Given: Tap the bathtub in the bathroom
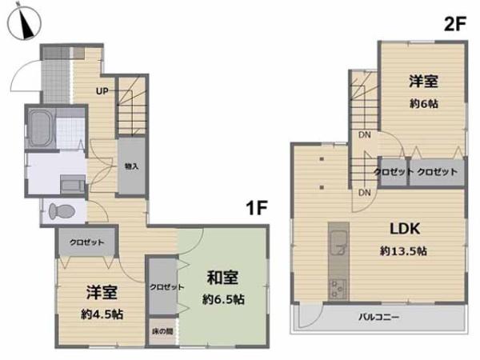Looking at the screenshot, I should [x=39, y=127].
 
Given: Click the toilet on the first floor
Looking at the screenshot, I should [x=61, y=211].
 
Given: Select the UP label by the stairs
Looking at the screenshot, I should [x=102, y=90].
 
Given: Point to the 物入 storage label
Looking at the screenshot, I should [x=132, y=166].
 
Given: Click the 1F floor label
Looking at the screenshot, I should [x=256, y=210].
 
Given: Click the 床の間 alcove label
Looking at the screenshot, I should [x=162, y=331].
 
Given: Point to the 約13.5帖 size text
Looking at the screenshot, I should [x=404, y=250].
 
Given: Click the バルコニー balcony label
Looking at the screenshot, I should [x=378, y=316].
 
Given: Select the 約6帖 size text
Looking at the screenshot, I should [x=421, y=102].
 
